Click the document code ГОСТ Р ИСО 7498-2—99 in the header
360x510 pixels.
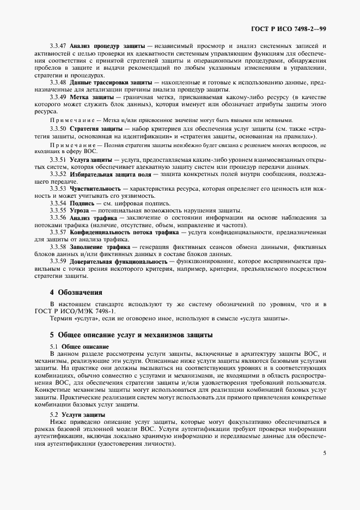click(x=296, y=28)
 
